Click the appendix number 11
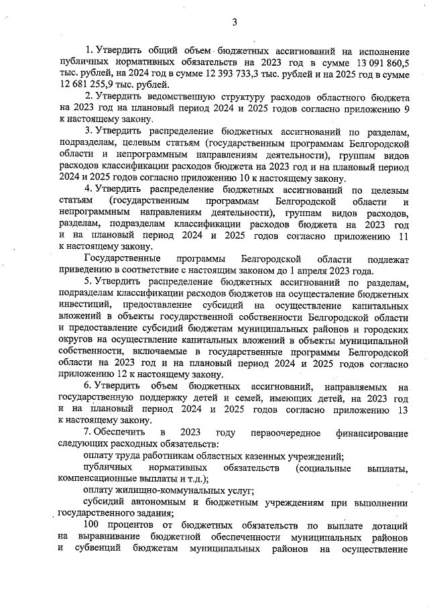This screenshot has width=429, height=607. click(402, 236)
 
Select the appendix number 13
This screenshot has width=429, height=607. click(402, 410)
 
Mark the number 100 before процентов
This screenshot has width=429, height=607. click(93, 526)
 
